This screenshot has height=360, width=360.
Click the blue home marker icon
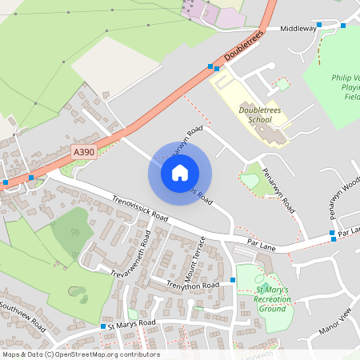(180, 173)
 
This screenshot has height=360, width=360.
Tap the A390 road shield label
(82, 151)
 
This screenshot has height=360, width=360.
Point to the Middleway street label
(298, 28)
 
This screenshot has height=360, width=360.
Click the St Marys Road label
(132, 324)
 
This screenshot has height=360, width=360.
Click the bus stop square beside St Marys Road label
(103, 326)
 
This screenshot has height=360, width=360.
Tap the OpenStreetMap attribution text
(80, 354)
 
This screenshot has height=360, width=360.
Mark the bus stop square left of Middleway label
(318, 25)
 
